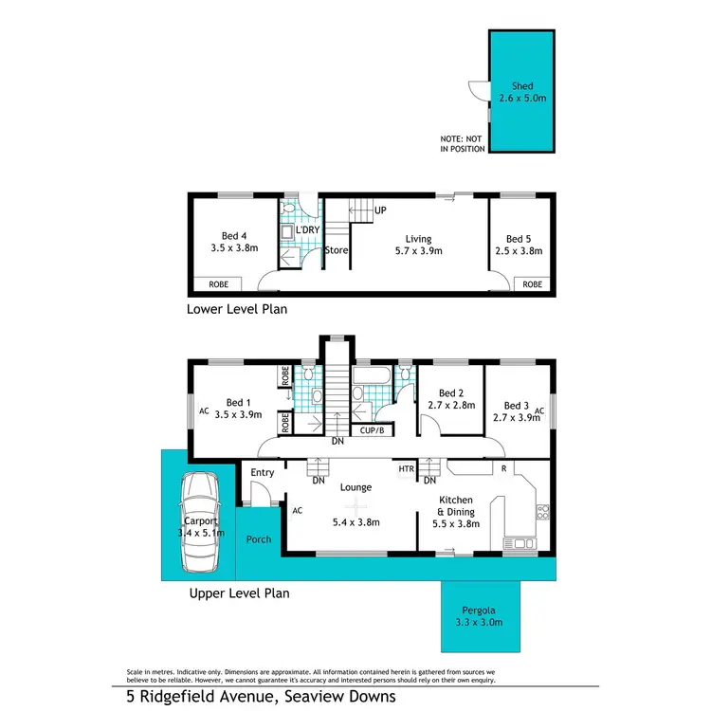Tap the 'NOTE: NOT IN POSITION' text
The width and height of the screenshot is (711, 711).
pos(463,144)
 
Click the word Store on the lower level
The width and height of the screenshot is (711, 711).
pos(337,250)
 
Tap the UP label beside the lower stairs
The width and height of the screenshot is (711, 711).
pos(380,210)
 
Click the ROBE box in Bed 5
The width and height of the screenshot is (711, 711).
pos(533,283)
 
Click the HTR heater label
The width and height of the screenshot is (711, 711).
pos(406,469)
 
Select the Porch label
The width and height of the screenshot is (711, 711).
pos(258,539)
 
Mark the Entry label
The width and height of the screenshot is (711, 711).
pos(263,472)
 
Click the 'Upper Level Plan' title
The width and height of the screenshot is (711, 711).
pos(238,593)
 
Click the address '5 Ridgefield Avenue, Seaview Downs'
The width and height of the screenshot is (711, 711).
pos(261,697)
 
